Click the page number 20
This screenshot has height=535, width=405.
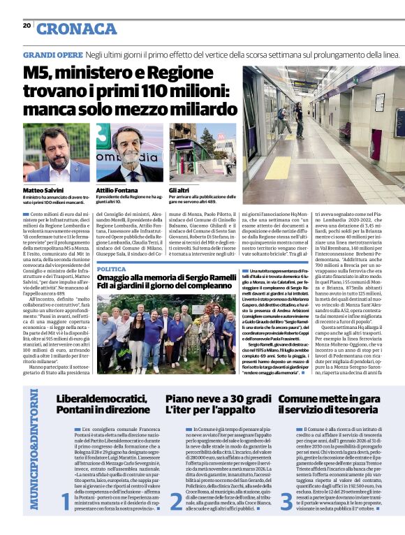27,26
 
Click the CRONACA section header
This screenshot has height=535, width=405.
76,29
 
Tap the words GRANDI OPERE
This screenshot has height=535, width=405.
52,54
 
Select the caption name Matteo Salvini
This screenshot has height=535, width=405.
43,190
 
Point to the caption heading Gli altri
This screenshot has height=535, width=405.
180,190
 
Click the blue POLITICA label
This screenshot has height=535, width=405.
111,269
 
